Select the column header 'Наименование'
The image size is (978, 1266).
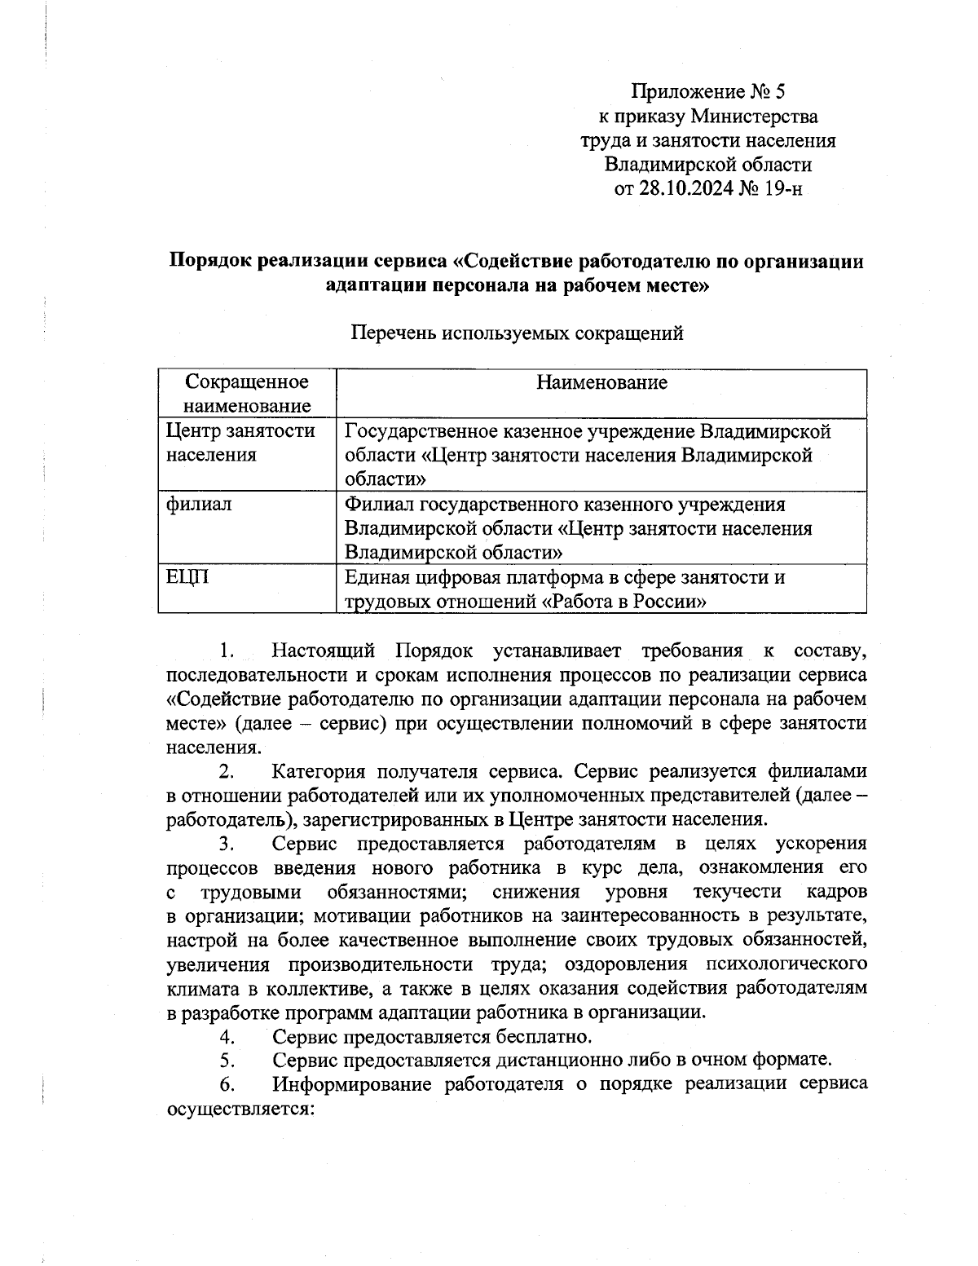[601, 382]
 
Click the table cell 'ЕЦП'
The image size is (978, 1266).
[187, 577]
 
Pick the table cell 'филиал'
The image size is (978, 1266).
[199, 504]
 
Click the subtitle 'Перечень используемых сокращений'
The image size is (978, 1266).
[516, 333]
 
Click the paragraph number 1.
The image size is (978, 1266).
[227, 651]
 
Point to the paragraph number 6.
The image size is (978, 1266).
[227, 1084]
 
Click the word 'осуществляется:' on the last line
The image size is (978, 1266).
[240, 1109]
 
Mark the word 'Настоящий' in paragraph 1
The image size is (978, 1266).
[324, 651]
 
